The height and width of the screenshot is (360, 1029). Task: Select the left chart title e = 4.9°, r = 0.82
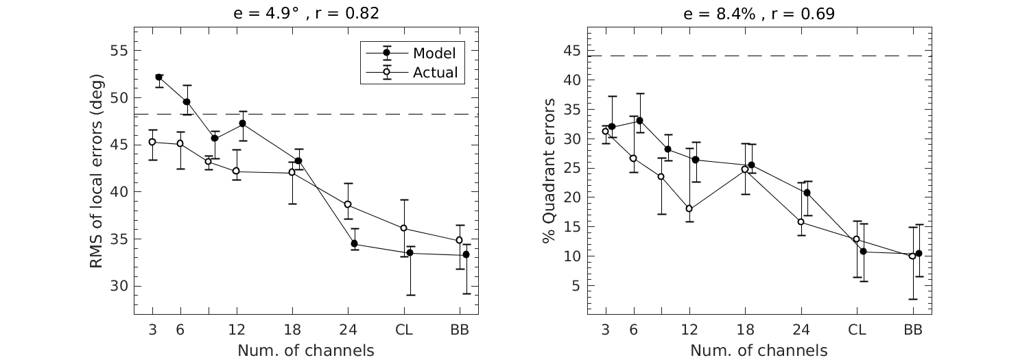click(305, 14)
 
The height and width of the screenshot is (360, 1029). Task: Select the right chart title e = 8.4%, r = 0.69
click(759, 14)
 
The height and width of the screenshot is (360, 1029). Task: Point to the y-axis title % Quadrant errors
click(549, 171)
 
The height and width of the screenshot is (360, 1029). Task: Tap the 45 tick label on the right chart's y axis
click(572, 51)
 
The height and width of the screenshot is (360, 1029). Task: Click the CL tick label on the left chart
click(403, 330)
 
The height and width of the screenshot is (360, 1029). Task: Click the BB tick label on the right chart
click(912, 330)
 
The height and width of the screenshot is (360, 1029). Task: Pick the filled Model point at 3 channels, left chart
click(159, 77)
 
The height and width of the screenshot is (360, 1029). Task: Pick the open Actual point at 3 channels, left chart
click(152, 142)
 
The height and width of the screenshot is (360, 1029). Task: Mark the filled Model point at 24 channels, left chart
click(354, 243)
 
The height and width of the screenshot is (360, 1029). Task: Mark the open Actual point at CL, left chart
click(403, 228)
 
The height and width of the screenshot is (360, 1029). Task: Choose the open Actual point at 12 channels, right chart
click(689, 209)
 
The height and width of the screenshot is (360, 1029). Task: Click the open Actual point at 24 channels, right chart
click(801, 222)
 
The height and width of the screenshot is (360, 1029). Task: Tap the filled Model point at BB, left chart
click(466, 254)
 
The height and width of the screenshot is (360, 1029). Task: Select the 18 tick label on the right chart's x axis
click(745, 330)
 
